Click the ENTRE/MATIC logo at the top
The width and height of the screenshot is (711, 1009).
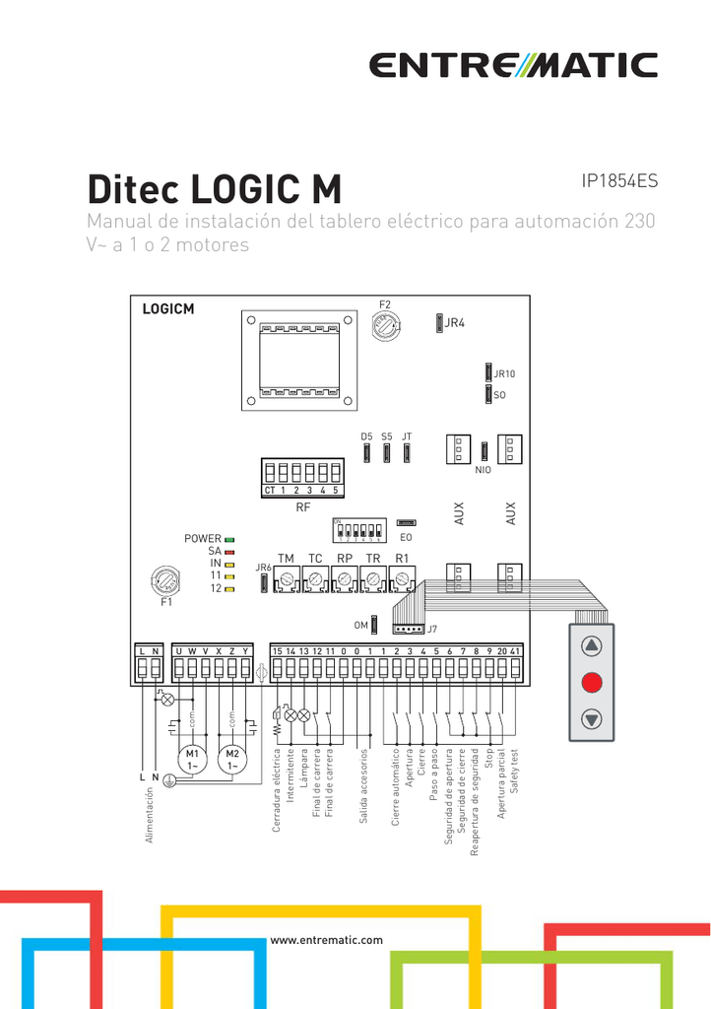point(512,66)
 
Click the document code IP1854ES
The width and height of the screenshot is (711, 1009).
point(619,181)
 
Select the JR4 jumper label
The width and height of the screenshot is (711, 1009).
point(454,323)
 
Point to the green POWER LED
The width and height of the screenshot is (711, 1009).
point(229,539)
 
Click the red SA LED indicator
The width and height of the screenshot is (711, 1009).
point(229,552)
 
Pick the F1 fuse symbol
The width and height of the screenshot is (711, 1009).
point(165,579)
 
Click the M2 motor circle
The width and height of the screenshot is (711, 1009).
point(232,760)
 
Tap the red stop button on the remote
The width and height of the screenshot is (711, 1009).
point(591,682)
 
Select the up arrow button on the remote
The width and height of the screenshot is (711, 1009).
point(591,646)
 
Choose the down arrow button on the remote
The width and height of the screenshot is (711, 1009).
point(591,718)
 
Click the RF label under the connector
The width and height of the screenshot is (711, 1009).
point(302,508)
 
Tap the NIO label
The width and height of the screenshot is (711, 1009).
point(483,471)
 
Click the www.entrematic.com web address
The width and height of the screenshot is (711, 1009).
point(326,940)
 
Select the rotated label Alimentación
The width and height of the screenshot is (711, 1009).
point(151,814)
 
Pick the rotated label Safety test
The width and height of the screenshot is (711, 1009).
point(514,771)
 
